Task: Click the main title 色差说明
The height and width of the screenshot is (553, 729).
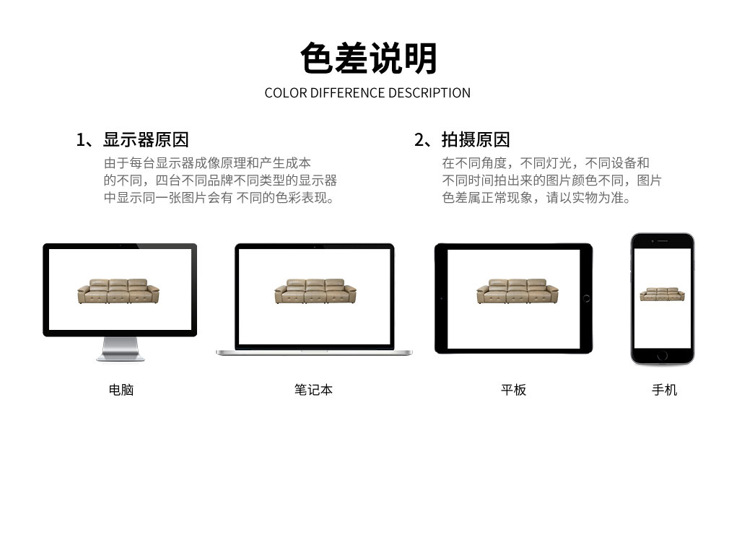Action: point(368,58)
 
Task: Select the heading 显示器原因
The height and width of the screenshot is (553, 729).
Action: point(146,139)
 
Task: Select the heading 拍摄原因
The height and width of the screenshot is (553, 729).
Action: point(475,139)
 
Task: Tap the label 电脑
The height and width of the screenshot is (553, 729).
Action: point(121,390)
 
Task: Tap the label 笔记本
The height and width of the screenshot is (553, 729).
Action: point(313,390)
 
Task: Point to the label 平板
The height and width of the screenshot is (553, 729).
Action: point(513,390)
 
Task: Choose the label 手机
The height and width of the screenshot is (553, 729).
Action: point(664,390)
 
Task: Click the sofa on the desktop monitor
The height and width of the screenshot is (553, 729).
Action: point(118,291)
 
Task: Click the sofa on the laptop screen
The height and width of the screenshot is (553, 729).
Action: point(315,291)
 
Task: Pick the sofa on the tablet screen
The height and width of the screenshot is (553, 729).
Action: point(518,291)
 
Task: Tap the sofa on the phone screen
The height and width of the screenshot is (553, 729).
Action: point(662,295)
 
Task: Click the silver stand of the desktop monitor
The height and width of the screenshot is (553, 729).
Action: point(121,349)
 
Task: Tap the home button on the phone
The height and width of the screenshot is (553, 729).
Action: point(663,356)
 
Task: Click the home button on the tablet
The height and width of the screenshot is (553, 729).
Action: point(586,299)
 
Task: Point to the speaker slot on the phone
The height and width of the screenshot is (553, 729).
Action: point(663,241)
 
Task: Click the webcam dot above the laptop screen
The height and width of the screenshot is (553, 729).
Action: point(315,246)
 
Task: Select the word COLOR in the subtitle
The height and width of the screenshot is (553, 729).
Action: point(285,93)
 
